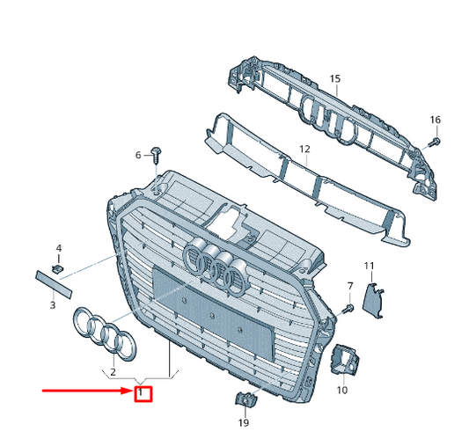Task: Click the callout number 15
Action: tap(335, 78)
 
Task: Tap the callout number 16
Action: tap(436, 120)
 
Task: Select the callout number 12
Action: tap(304, 149)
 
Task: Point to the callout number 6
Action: tap(138, 155)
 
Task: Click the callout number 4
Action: tap(59, 248)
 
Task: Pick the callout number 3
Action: tap(53, 304)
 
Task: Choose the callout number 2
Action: tap(113, 372)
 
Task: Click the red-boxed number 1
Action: tap(140, 391)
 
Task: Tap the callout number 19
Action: tap(244, 422)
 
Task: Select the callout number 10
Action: tap(342, 390)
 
